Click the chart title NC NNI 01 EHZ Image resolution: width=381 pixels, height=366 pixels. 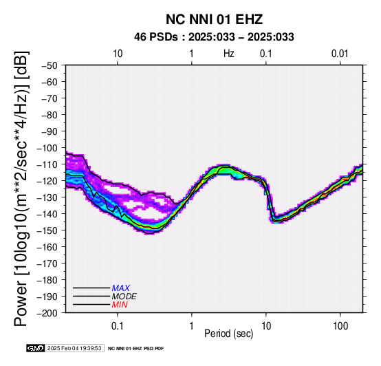214,19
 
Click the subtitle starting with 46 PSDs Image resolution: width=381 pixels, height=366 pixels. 214,37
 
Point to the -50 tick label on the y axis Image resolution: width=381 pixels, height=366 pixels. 50,65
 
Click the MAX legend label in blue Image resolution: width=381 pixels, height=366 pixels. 121,288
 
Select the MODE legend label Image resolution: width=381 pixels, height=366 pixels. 124,297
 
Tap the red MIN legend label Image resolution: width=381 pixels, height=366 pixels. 120,305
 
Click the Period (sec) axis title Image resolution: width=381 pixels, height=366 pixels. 228,334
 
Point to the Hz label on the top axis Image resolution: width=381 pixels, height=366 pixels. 229,54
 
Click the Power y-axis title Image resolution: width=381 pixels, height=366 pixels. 21,189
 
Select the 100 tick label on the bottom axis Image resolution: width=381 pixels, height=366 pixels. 340,326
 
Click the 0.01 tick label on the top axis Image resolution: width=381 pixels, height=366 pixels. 340,54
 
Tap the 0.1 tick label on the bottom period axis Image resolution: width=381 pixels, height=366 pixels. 118,326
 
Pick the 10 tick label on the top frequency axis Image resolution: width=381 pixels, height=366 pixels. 118,54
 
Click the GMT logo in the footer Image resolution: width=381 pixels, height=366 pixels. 36,348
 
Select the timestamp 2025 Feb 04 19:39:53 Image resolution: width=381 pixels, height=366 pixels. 74,348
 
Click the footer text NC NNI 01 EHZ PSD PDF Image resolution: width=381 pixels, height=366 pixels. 136,349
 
